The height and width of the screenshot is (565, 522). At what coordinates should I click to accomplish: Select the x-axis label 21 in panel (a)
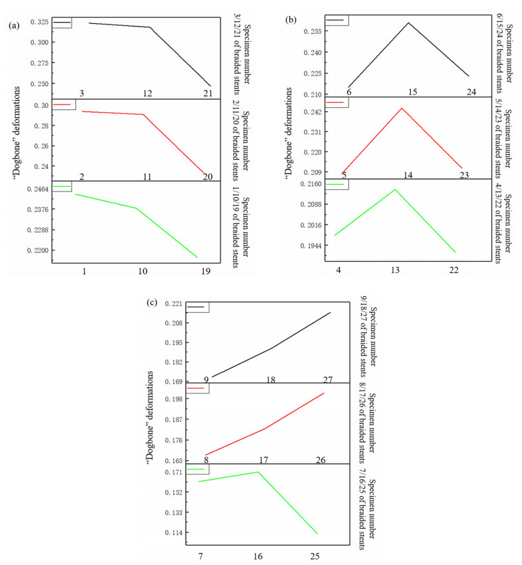tap(208, 93)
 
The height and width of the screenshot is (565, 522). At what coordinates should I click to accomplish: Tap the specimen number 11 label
tap(147, 176)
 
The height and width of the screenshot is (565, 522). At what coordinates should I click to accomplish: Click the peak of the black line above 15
tap(408, 23)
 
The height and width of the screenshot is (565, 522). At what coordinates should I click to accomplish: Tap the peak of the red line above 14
tap(402, 108)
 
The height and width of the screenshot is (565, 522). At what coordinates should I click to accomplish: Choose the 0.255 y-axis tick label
tap(312, 31)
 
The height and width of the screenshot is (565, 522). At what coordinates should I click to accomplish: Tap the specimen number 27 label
tap(328, 379)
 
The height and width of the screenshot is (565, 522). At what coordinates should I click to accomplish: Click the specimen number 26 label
tap(321, 460)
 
